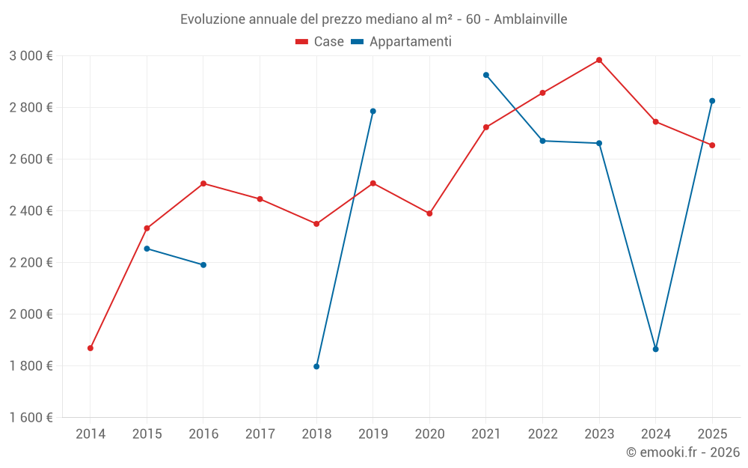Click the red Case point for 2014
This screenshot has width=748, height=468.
(x=91, y=348)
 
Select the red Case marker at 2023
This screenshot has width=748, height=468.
(x=599, y=60)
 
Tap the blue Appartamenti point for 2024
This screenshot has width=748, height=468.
(x=656, y=349)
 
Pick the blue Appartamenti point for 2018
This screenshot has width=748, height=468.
(x=316, y=366)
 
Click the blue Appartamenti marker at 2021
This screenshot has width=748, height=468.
(x=486, y=75)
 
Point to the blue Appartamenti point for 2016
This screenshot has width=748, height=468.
(x=203, y=265)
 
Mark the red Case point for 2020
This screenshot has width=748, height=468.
(x=429, y=213)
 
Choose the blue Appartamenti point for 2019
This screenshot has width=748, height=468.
(x=373, y=112)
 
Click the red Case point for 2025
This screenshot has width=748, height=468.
(x=712, y=145)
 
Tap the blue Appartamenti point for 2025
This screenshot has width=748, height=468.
(x=712, y=101)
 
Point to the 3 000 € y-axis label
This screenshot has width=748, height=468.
(x=31, y=56)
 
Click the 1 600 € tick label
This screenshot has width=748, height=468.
(x=31, y=418)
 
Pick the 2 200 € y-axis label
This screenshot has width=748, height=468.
(x=31, y=263)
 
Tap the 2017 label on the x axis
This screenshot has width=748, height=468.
(x=260, y=434)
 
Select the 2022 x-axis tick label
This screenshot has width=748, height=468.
(x=542, y=434)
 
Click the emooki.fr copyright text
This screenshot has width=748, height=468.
(x=682, y=452)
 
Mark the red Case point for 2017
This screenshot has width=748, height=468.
(x=260, y=199)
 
